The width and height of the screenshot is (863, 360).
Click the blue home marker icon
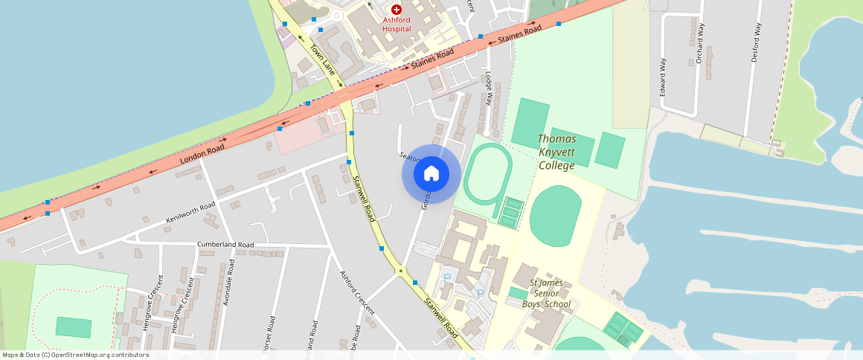(x=431, y=174)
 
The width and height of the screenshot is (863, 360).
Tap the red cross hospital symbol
(x=397, y=10)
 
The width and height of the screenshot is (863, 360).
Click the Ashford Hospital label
(x=397, y=24)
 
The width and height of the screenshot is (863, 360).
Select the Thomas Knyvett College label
(x=556, y=152)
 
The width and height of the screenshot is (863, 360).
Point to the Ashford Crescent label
(x=357, y=292)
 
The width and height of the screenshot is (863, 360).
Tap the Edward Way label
(x=663, y=77)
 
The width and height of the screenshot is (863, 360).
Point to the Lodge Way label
(x=489, y=89)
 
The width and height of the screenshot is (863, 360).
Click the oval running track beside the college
(x=487, y=175)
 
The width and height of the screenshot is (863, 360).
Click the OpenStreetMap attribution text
(x=75, y=355)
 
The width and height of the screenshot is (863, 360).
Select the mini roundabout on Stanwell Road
(x=400, y=271)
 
